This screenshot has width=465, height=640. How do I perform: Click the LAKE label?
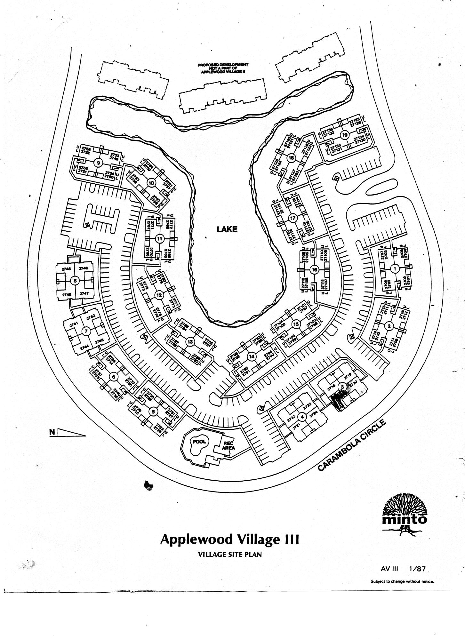point(227,229)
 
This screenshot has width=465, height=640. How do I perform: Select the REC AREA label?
point(228,445)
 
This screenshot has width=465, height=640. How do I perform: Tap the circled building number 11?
point(159,238)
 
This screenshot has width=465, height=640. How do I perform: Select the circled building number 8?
point(75,281)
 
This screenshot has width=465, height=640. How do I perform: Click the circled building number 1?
point(395,269)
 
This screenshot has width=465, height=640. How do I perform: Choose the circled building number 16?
point(314,270)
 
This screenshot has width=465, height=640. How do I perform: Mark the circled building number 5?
point(153,412)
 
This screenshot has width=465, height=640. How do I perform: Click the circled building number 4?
point(302,417)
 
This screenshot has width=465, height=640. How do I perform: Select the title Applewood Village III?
point(229,539)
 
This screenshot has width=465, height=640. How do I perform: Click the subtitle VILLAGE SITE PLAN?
point(230,555)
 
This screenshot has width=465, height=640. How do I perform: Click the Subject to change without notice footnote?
point(402,581)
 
